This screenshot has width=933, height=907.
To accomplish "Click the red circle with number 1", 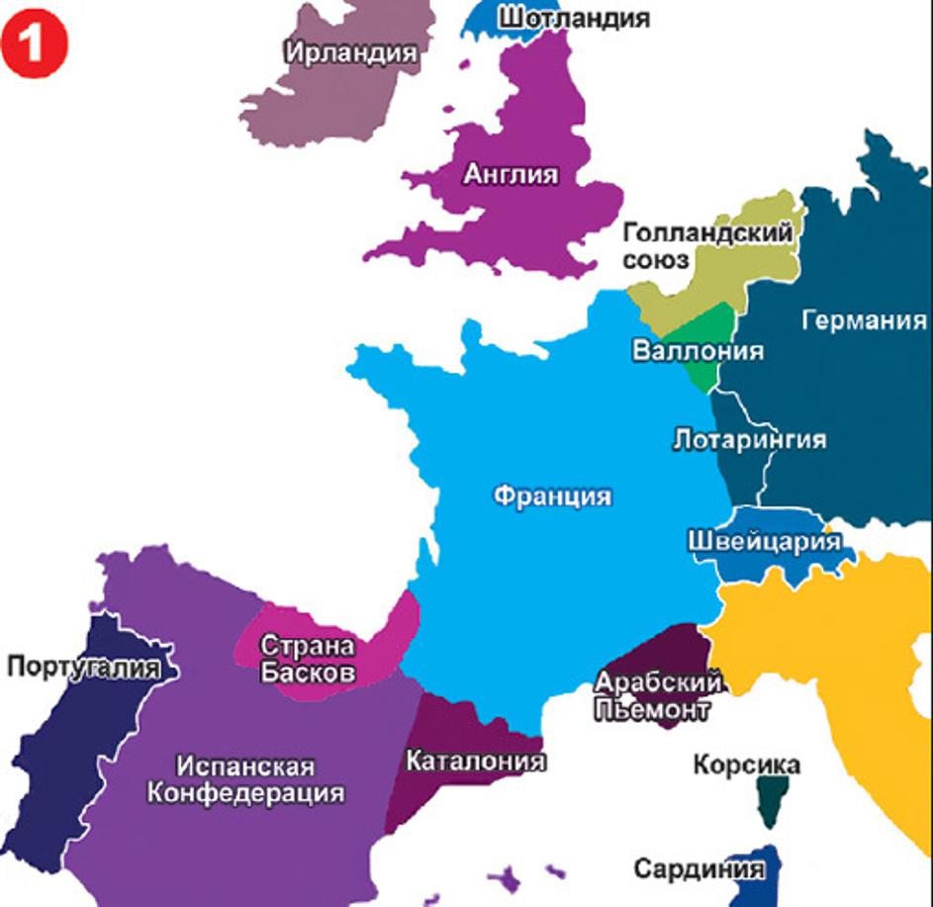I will [35, 45].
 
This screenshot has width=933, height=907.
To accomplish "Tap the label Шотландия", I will [573, 18].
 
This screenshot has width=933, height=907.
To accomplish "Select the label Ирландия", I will [351, 51].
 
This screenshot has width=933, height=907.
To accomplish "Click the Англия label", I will [511, 174].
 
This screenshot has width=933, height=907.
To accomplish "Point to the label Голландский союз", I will [707, 245].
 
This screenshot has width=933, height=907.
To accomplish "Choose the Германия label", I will [864, 320].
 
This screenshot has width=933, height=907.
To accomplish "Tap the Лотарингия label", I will [749, 438].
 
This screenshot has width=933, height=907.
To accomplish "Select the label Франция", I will [551, 496].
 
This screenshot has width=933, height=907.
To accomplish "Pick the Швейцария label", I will [763, 541].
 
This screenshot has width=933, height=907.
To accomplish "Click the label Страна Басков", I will [307, 657].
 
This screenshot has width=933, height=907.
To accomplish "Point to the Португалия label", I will [83, 667].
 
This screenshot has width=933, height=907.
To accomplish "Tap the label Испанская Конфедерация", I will [246, 779].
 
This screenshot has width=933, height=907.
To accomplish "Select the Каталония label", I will [476, 761].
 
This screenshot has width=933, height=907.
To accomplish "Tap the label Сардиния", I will [699, 868].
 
